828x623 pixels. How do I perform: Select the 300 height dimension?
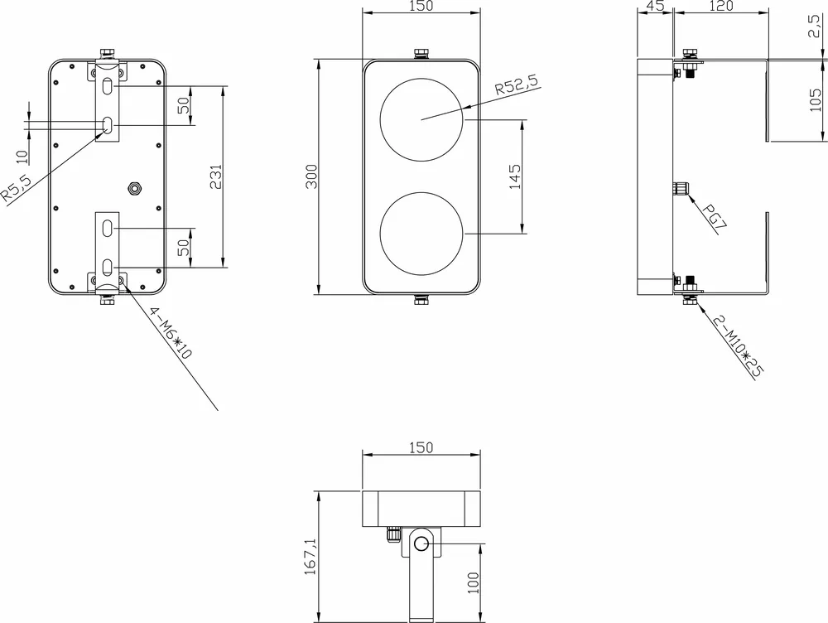coord(311,176)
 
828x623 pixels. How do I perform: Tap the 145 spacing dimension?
coord(515,176)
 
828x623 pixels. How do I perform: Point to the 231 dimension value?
coord(216,177)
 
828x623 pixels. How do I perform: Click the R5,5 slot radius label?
coord(16,188)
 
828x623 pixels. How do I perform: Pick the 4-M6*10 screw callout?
coord(170,333)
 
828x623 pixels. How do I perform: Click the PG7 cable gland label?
coord(715,216)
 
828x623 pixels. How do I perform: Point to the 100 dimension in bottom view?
coord(474,583)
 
